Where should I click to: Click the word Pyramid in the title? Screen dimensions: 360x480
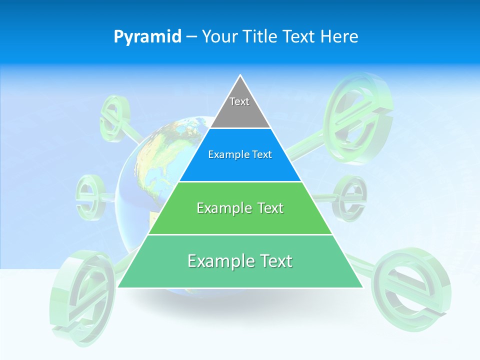click(x=147, y=36)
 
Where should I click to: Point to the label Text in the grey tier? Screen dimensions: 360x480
click(x=239, y=101)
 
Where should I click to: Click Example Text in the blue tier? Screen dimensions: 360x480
click(x=240, y=154)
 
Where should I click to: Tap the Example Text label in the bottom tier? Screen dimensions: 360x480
click(x=240, y=261)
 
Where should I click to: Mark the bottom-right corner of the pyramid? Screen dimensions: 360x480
click(x=362, y=287)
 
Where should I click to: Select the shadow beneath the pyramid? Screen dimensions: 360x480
click(x=240, y=302)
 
